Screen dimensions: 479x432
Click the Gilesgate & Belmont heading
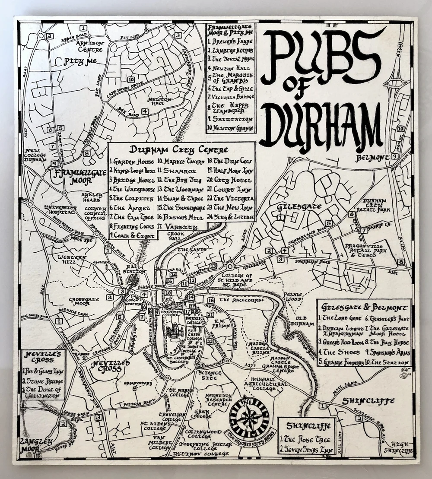coord(364,307)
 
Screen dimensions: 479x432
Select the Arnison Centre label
coord(90,46)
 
